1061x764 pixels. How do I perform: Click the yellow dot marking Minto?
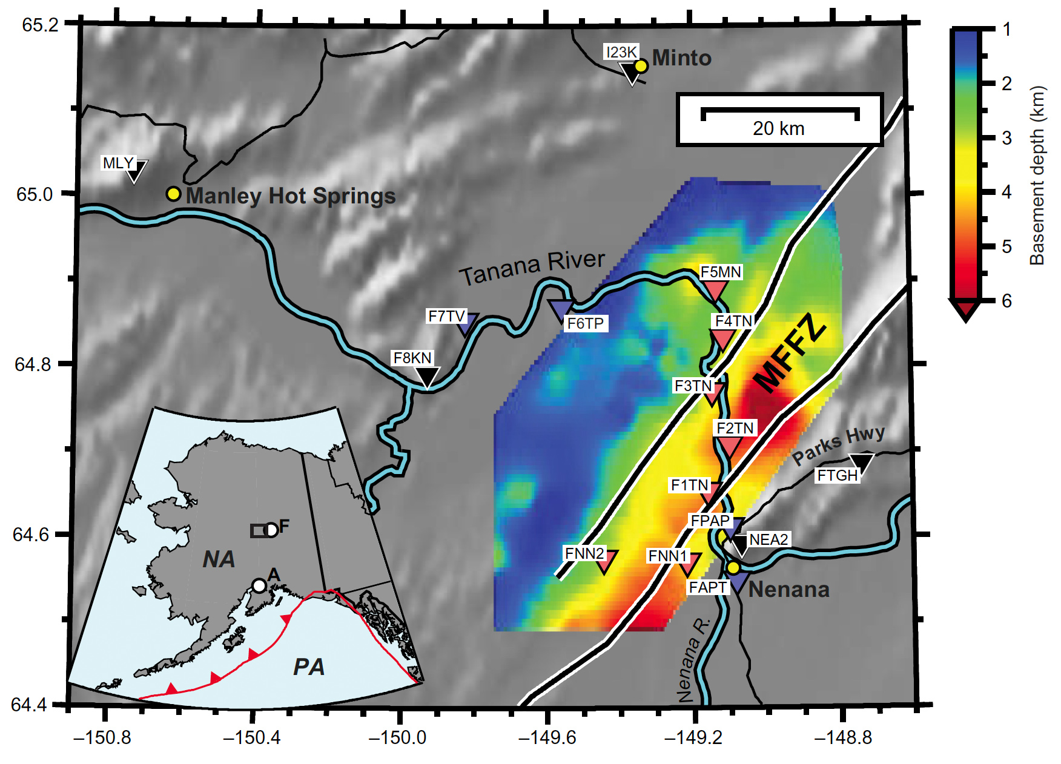click(641, 66)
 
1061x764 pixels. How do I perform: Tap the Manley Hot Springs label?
click(291, 196)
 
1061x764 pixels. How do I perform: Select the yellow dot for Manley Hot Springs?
click(174, 194)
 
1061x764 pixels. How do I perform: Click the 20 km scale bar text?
click(779, 128)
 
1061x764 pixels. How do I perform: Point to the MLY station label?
click(117, 163)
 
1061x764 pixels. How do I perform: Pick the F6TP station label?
click(585, 323)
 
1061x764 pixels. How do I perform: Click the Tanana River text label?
click(532, 268)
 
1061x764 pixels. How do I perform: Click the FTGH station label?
click(838, 475)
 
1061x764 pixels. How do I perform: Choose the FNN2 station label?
click(584, 553)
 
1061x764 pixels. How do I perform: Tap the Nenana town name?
click(789, 589)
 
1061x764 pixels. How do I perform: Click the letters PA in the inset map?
click(309, 667)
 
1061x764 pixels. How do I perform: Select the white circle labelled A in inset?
click(259, 585)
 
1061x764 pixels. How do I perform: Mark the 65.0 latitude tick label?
click(35, 194)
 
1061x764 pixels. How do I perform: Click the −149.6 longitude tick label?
click(547, 737)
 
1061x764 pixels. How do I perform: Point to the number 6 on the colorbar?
click(1006, 301)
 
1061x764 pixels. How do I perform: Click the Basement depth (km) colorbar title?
click(1037, 176)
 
